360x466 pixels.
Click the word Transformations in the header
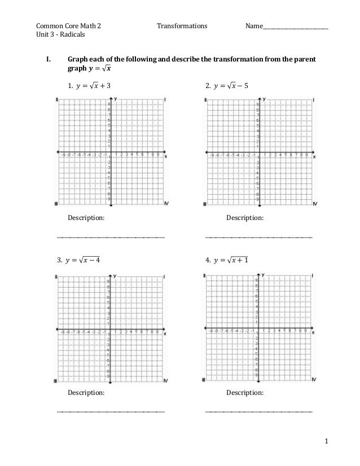click(x=182, y=26)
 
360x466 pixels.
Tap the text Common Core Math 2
click(x=69, y=26)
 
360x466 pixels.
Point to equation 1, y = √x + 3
click(x=89, y=86)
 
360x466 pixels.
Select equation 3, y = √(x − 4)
click(x=85, y=260)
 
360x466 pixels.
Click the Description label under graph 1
click(x=86, y=217)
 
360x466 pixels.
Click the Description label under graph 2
click(x=244, y=217)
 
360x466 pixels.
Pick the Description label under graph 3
click(x=86, y=391)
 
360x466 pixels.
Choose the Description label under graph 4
click(x=244, y=391)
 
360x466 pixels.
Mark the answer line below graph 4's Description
click(x=258, y=412)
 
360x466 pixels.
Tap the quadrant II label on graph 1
click(x=57, y=100)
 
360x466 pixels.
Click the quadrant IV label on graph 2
click(x=315, y=204)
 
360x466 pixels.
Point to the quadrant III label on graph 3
click(x=56, y=381)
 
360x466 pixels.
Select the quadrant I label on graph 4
click(x=313, y=276)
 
